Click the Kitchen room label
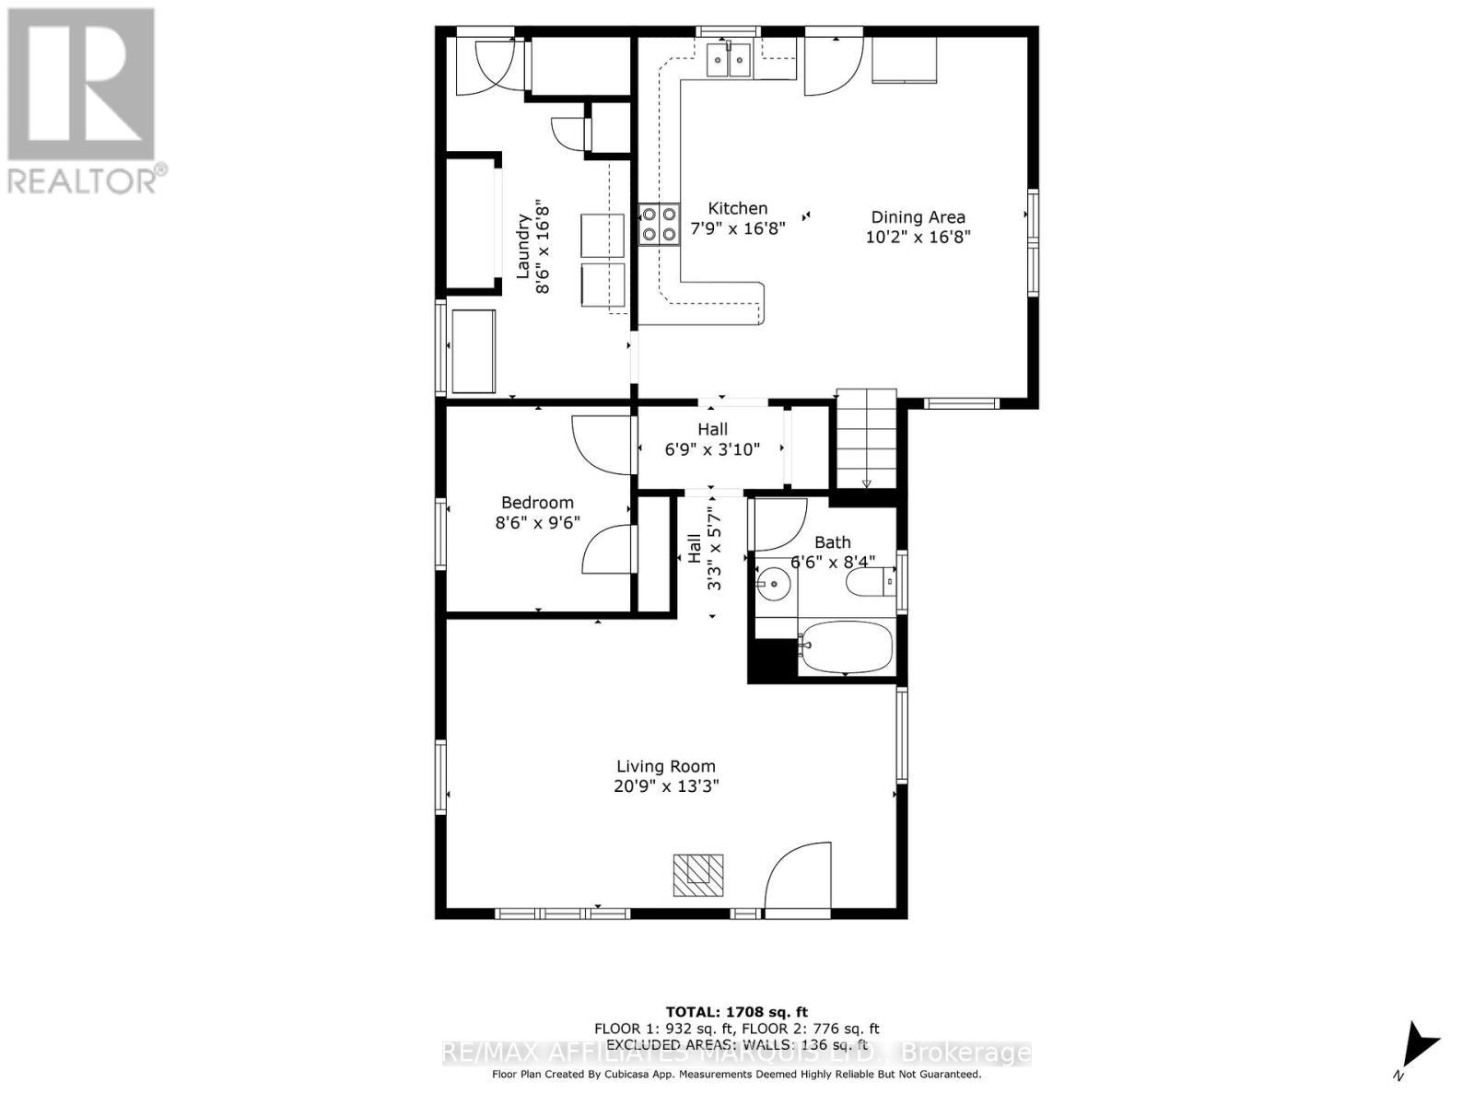tap(737, 208)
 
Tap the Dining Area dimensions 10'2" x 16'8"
tap(918, 237)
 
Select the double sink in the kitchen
tap(729, 61)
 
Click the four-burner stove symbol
tap(659, 224)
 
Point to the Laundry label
tap(522, 246)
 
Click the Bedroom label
tap(537, 503)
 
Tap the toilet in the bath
tap(870, 582)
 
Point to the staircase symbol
tap(866, 438)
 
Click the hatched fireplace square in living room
tap(697, 875)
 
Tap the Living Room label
tap(665, 766)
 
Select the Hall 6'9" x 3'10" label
tap(712, 440)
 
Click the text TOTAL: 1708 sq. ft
tap(736, 1012)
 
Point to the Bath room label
tap(832, 543)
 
